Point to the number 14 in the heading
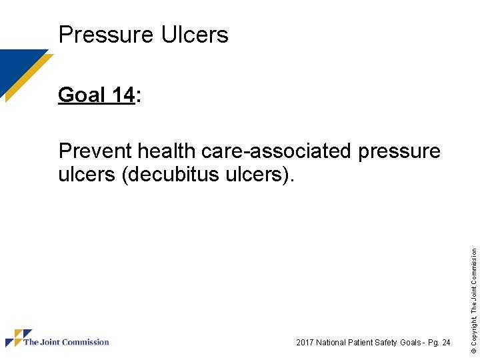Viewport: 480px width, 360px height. tap(123, 95)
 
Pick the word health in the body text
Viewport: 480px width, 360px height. tap(167, 151)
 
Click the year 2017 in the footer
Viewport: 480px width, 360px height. tap(305, 343)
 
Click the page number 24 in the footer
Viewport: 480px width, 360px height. tap(445, 343)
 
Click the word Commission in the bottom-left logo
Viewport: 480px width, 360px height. tap(87, 342)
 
